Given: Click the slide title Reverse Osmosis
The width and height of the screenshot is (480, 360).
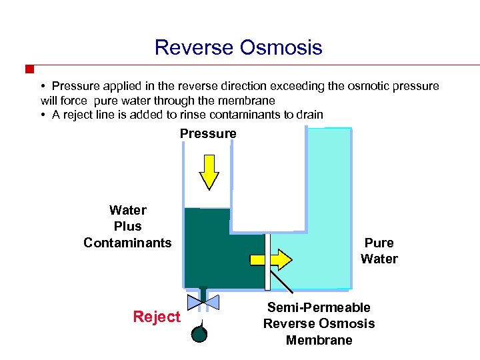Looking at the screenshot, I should pyautogui.click(x=238, y=48).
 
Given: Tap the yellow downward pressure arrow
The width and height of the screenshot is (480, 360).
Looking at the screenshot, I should pyautogui.click(x=209, y=172).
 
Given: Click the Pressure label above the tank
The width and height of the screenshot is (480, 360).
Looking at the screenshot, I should pyautogui.click(x=208, y=134).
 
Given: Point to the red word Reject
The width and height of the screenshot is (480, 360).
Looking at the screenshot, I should pyautogui.click(x=157, y=317).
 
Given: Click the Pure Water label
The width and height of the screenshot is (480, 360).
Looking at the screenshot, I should pyautogui.click(x=379, y=251).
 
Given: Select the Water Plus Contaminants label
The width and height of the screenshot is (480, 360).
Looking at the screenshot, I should pyautogui.click(x=127, y=227).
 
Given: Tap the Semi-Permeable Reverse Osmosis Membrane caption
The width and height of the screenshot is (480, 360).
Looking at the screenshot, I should pyautogui.click(x=319, y=324).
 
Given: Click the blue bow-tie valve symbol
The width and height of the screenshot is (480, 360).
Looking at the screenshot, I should pyautogui.click(x=203, y=302).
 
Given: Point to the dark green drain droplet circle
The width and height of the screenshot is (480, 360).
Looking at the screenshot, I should pyautogui.click(x=199, y=333).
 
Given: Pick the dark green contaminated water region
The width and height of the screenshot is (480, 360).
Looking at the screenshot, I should pyautogui.click(x=213, y=253).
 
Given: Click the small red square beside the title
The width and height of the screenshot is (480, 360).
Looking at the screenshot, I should pyautogui.click(x=29, y=69).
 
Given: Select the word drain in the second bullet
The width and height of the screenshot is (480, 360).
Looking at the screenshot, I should pyautogui.click(x=309, y=115).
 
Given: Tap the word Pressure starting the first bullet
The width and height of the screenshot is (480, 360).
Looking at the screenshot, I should pyautogui.click(x=75, y=86).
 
